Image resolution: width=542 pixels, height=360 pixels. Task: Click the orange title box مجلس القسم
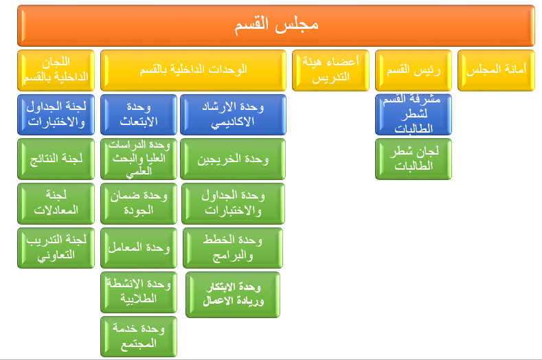point(276,25)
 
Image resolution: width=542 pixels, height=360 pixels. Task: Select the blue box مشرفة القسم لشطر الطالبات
point(414,115)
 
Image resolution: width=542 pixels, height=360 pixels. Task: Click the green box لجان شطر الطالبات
point(414,159)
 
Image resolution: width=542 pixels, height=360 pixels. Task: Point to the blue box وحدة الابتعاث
point(138,115)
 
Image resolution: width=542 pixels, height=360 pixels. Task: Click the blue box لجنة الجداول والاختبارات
point(56,115)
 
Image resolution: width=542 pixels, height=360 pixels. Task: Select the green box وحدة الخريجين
point(232,159)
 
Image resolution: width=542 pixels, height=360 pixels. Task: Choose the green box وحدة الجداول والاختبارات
point(232,203)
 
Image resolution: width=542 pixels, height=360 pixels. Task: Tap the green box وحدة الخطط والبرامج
point(232,247)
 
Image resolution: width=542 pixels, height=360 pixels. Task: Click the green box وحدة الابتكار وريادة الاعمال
point(233,295)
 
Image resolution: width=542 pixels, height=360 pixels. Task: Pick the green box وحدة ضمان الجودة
point(138,203)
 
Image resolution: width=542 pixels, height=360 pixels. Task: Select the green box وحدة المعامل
point(138,247)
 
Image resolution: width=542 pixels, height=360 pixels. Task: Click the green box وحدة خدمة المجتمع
point(138,337)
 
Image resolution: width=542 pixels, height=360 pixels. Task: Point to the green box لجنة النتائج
point(56,159)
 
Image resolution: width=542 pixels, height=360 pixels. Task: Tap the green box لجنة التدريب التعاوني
point(56,247)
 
